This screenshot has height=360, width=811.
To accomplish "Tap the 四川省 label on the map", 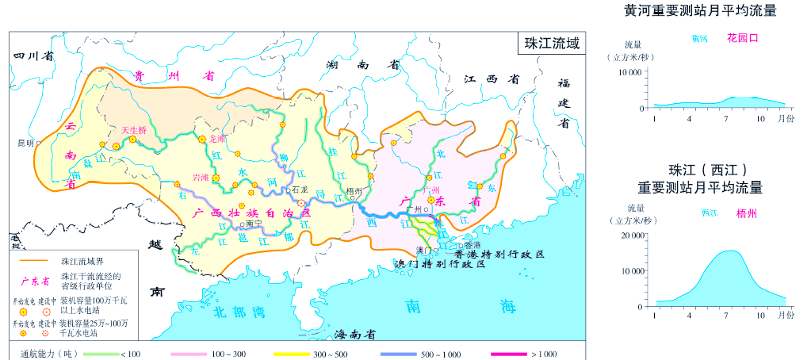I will point(33,56).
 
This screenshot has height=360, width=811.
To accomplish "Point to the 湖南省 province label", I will point(362,65).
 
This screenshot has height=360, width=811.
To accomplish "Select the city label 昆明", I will point(25,144).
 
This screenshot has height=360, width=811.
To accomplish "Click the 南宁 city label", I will point(254,223).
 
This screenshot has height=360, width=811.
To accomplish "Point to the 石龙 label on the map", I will point(299,190).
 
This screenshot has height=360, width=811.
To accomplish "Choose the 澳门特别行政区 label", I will point(441,263).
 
